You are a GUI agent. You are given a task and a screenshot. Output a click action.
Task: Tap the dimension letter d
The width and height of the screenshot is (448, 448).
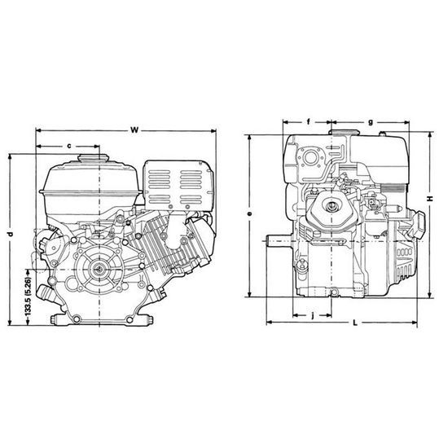(10, 235)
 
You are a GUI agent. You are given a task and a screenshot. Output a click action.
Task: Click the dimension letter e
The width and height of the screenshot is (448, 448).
(251, 213)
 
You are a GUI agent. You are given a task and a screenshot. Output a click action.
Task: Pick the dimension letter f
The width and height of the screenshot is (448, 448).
(310, 121)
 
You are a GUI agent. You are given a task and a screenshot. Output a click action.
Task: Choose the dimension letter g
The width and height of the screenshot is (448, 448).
(370, 121)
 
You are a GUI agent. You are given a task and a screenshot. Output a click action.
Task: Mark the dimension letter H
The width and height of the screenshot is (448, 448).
(428, 197)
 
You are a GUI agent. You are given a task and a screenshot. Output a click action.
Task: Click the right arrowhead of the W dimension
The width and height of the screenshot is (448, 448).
(213, 130)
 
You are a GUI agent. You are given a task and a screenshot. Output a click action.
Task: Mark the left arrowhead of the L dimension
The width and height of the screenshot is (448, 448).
(270, 323)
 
